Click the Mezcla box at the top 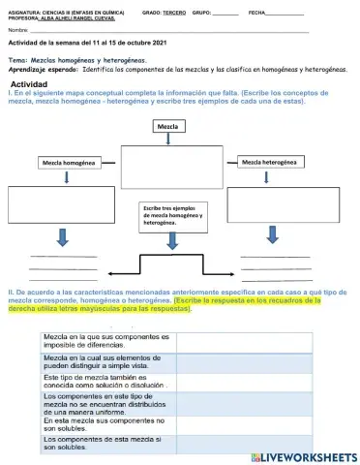tap(168, 127)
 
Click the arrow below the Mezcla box tap(168, 140)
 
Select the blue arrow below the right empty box tap(275, 237)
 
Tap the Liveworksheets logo tap(303, 455)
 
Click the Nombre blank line tap(165, 32)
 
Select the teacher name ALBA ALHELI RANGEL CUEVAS tap(73, 18)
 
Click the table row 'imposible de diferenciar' tap(106, 341)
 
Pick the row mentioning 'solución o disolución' tap(106, 382)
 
